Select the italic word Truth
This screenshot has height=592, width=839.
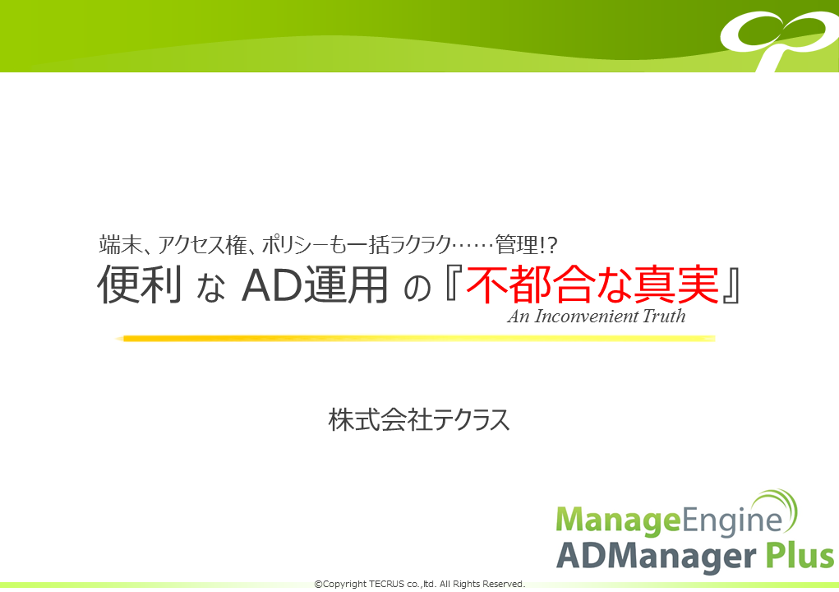click(663, 316)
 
